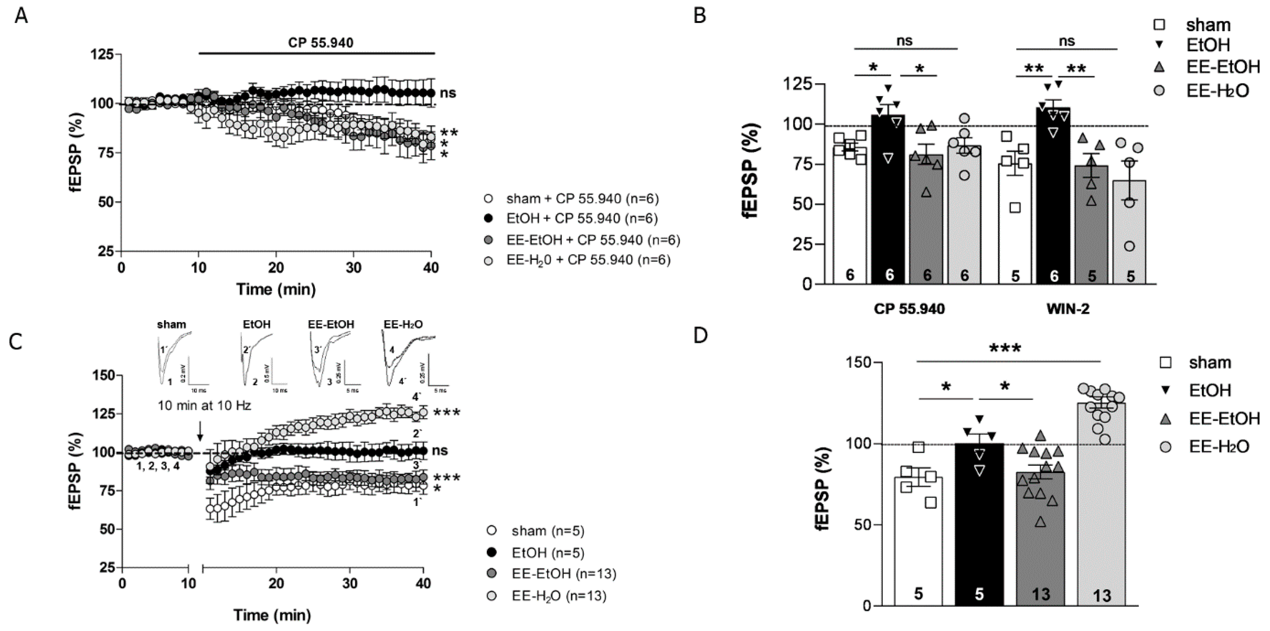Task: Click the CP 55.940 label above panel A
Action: tap(321, 43)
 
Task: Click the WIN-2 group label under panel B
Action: tap(1067, 309)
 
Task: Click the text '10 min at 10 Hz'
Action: tap(204, 406)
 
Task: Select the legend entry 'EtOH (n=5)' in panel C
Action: tap(547, 553)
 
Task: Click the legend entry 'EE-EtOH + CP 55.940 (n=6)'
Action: tap(593, 240)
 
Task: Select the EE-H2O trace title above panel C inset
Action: tap(403, 324)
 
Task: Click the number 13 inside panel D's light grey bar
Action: tap(1101, 595)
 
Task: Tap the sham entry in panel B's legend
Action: tap(1207, 25)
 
